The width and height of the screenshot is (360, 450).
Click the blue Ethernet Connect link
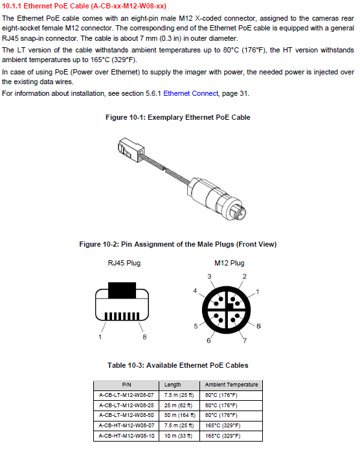tap(191, 93)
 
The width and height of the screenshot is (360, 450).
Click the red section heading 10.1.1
tap(84, 6)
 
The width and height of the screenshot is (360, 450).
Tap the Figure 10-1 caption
tap(178, 117)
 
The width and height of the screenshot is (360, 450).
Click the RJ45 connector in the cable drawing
tap(131, 148)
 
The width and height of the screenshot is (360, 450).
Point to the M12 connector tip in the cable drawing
tap(239, 212)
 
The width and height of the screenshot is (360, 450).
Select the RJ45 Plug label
tap(124, 263)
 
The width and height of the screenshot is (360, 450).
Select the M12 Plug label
tap(229, 263)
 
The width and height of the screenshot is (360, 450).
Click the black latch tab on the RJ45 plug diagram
tap(122, 290)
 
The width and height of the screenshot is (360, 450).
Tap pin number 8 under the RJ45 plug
tap(144, 337)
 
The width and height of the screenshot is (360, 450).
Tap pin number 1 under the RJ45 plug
tap(100, 337)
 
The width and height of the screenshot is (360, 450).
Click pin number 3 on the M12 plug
tap(209, 276)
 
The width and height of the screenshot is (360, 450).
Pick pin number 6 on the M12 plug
tap(208, 341)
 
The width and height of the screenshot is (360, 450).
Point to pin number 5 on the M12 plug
tap(196, 326)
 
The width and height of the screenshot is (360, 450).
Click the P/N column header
tap(126, 385)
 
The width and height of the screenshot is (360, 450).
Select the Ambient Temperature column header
tap(231, 385)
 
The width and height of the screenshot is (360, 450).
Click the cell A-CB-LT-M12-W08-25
tap(126, 405)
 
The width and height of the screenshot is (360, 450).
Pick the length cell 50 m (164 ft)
tap(180, 415)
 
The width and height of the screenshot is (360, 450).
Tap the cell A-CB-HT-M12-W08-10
tap(126, 436)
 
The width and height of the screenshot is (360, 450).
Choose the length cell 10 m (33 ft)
tap(178, 436)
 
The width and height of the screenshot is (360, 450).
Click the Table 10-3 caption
tap(178, 365)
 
